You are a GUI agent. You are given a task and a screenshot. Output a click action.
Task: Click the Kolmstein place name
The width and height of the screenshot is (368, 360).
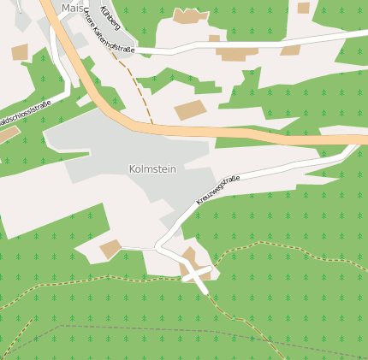[x=152, y=169]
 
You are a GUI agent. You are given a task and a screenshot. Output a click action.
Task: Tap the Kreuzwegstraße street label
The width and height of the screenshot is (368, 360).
[x=218, y=190]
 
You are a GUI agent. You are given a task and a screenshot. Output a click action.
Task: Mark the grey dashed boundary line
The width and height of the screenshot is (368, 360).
[x=171, y=330]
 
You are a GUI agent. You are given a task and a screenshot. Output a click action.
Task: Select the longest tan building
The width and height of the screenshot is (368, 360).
[x=237, y=53]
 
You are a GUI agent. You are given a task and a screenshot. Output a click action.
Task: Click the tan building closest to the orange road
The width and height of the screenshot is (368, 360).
[x=190, y=109]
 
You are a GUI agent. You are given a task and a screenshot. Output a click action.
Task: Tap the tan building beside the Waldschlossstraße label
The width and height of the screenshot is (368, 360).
[x=7, y=134]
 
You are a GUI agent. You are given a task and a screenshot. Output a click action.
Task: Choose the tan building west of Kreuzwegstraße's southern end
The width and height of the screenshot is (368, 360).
[x=110, y=249]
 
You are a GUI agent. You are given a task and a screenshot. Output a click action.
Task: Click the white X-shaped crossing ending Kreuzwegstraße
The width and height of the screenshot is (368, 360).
[x=198, y=276]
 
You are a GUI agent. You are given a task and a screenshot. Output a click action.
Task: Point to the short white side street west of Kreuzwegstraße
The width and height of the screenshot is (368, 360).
[x=137, y=248]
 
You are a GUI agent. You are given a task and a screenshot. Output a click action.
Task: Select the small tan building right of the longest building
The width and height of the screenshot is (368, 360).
[x=290, y=50]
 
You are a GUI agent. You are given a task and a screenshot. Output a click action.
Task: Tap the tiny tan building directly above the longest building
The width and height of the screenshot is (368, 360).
[x=214, y=38]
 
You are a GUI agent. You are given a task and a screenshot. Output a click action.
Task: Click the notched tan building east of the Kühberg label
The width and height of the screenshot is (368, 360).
[x=190, y=15]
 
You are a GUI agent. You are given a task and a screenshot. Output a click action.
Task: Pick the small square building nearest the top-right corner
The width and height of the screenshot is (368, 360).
[x=303, y=8]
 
